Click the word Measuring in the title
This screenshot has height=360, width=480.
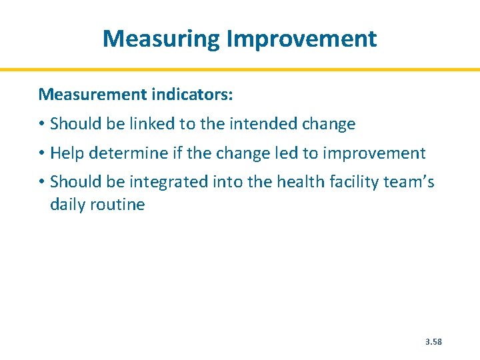coord(161,39)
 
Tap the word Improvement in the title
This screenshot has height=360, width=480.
coord(301,39)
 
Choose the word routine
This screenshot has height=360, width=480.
coord(119,204)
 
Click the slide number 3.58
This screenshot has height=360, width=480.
coord(433,342)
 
